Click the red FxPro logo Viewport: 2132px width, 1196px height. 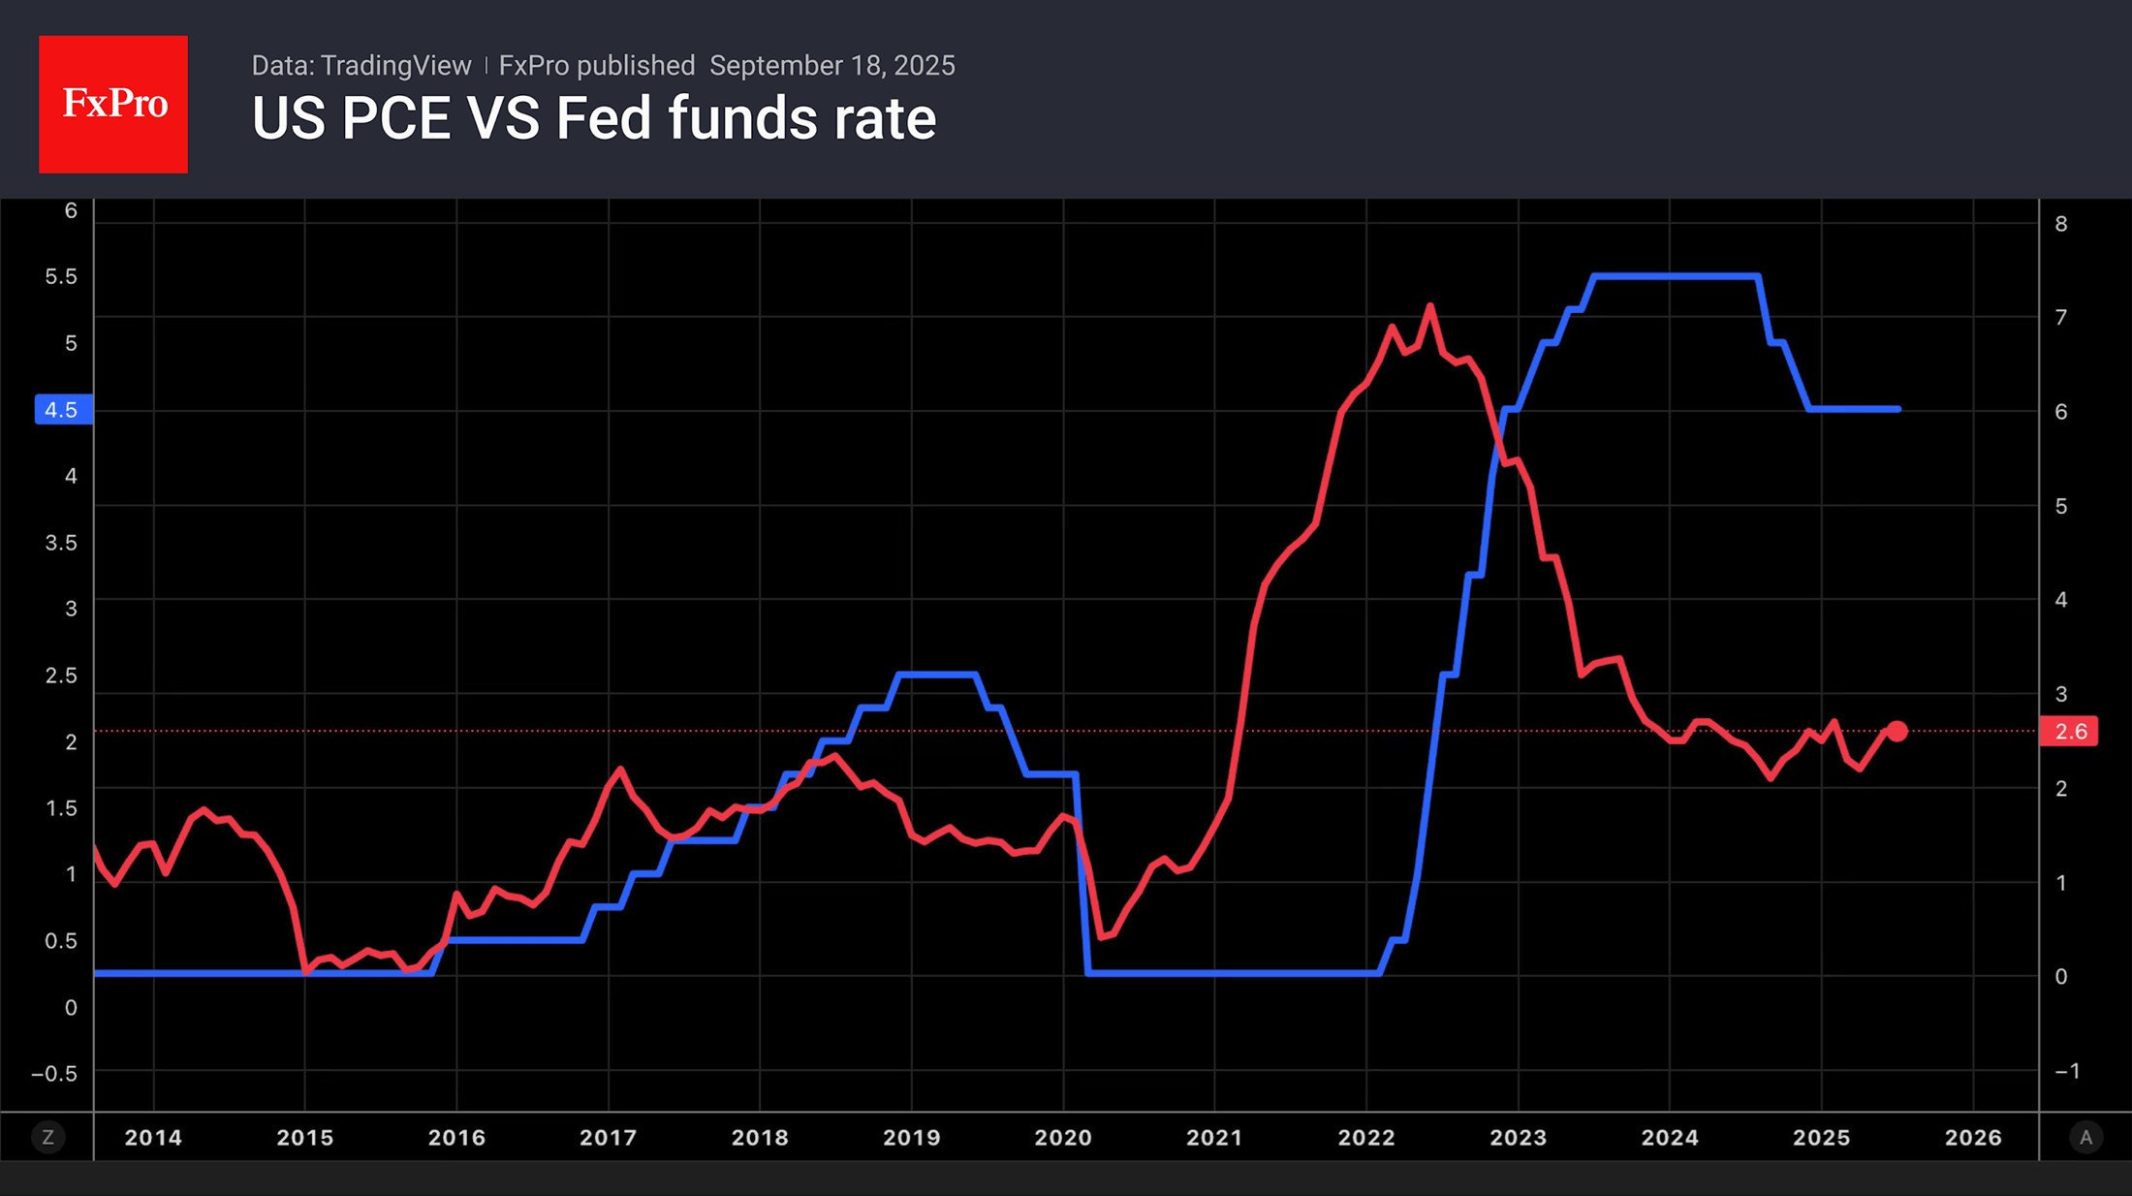pyautogui.click(x=113, y=105)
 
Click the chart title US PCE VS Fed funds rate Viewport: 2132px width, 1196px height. pyautogui.click(x=593, y=119)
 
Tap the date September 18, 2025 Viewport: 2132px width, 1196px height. pyautogui.click(x=831, y=66)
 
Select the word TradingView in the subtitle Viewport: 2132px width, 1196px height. pyautogui.click(x=395, y=66)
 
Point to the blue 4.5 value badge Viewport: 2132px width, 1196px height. pyautogui.click(x=63, y=410)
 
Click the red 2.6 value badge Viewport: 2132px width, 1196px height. pyautogui.click(x=2069, y=732)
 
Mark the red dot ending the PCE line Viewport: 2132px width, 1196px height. pyautogui.click(x=1897, y=732)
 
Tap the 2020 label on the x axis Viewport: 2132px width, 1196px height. pyautogui.click(x=1063, y=1138)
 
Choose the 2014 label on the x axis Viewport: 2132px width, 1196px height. pyautogui.click(x=153, y=1138)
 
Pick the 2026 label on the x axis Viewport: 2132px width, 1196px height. pyautogui.click(x=1973, y=1138)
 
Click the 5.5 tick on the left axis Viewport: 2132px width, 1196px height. pyautogui.click(x=61, y=277)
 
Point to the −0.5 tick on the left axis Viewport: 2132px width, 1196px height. pyautogui.click(x=54, y=1074)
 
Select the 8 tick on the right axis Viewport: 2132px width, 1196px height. pyautogui.click(x=2061, y=225)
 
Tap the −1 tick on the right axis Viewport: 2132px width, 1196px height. pyautogui.click(x=2067, y=1071)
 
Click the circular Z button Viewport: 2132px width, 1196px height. pyautogui.click(x=47, y=1138)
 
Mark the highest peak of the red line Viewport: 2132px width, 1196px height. pyautogui.click(x=1430, y=307)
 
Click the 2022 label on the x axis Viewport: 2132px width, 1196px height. pyautogui.click(x=1366, y=1138)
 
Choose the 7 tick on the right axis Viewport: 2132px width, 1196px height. pyautogui.click(x=2061, y=318)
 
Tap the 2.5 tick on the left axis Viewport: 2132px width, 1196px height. pyautogui.click(x=61, y=676)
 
